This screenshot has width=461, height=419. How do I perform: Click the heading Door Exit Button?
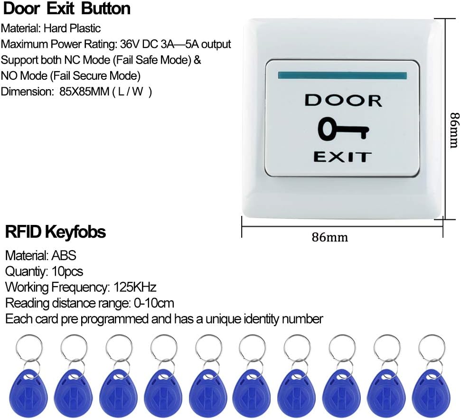(66, 9)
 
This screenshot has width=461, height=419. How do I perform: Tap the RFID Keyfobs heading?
(55, 233)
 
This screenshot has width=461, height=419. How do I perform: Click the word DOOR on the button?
(343, 101)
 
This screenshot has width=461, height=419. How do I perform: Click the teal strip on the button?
(343, 75)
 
